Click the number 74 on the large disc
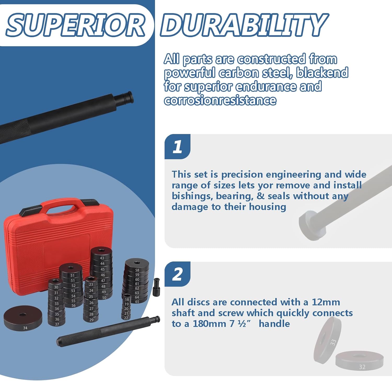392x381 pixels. click(25, 328)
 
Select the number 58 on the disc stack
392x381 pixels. click(137, 270)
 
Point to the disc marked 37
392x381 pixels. click(57, 324)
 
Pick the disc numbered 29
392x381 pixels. click(91, 320)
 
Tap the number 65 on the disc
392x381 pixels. click(137, 302)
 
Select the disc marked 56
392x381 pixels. click(73, 305)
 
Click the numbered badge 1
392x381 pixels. click(177, 146)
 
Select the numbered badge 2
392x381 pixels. click(177, 274)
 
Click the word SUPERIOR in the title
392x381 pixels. click(76, 25)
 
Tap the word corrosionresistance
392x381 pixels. click(220, 100)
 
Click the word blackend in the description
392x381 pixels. click(322, 73)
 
